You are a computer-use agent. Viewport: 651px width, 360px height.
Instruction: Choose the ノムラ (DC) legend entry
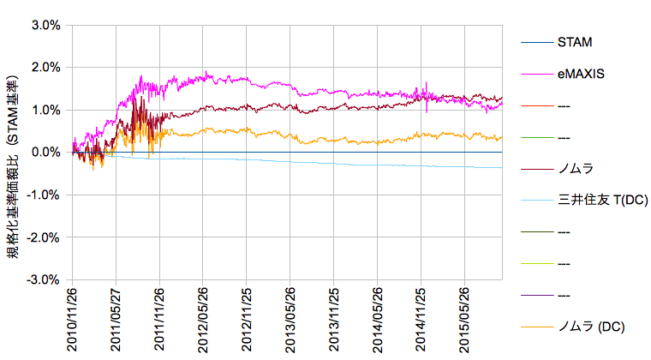[x=592, y=327]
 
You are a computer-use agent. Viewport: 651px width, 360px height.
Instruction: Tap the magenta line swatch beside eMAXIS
[x=536, y=74]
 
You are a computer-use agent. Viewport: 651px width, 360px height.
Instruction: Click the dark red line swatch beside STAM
[x=536, y=41]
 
